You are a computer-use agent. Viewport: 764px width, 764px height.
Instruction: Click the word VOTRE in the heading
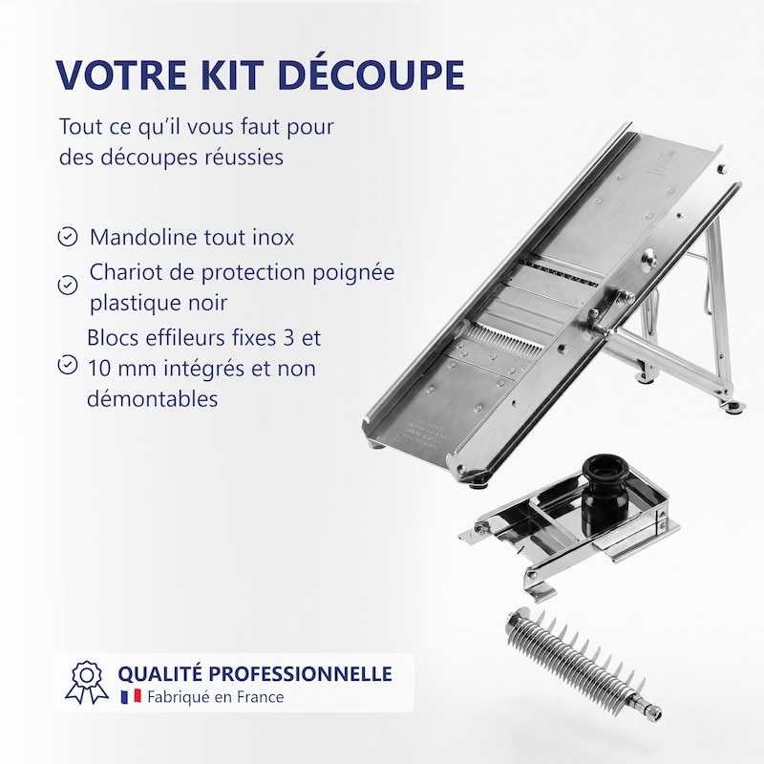click(x=121, y=74)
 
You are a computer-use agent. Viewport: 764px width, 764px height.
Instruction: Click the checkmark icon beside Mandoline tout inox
click(x=67, y=237)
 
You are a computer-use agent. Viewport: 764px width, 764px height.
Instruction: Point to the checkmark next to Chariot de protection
click(x=67, y=286)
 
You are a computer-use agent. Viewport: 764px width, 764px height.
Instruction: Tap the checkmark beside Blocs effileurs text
click(x=67, y=365)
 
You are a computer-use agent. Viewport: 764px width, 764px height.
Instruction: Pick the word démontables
click(x=152, y=398)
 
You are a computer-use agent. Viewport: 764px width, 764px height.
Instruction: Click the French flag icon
click(x=131, y=696)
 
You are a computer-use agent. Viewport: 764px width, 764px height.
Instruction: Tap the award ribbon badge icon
click(x=87, y=682)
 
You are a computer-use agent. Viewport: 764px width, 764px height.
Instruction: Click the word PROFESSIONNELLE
click(x=303, y=673)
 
